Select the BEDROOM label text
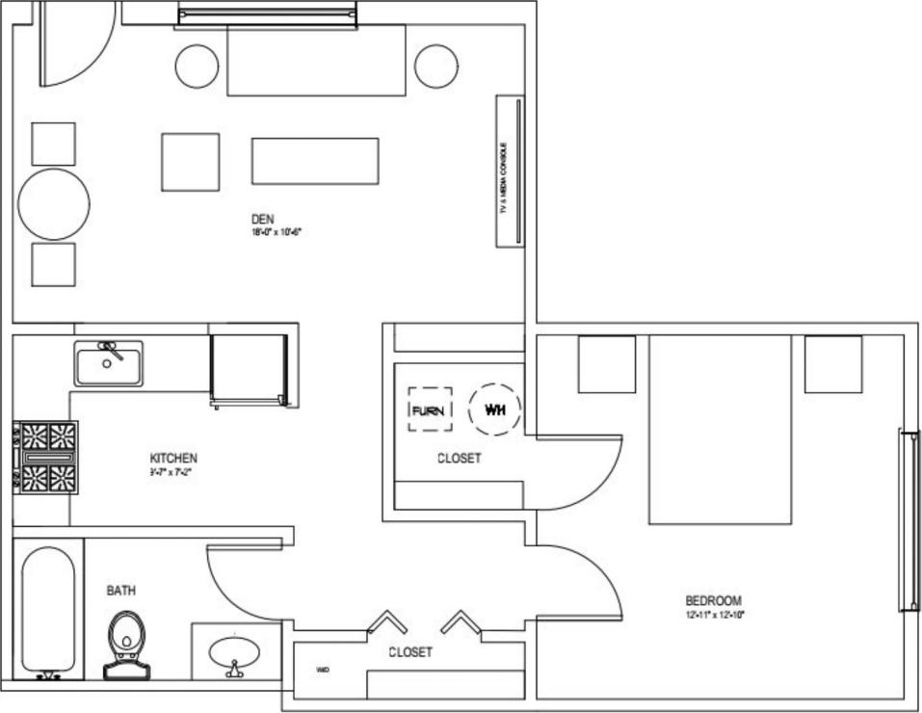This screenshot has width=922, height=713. coord(713,601)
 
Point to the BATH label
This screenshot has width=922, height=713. coord(120,590)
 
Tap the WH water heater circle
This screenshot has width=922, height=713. coord(495,409)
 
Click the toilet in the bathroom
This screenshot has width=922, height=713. coord(125,642)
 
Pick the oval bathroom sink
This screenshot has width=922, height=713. coord(233,653)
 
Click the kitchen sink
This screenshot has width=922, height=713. coord(109,363)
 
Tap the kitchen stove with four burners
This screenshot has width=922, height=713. coord(45,457)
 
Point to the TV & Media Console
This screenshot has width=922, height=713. coord(510,171)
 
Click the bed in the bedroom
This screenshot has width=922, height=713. coord(720,429)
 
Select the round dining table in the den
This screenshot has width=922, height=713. coord(54,204)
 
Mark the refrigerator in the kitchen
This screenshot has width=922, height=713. coord(250,368)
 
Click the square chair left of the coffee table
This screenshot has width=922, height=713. coord(190,162)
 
